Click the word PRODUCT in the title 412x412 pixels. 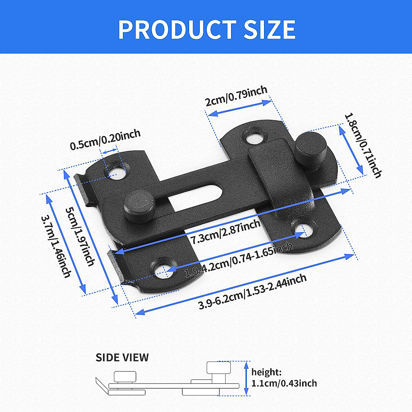tap(177, 30)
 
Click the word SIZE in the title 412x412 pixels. tap(270, 30)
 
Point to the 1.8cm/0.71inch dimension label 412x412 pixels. tap(363, 146)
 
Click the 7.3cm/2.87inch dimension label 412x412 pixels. tap(226, 232)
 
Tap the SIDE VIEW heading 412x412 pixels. tap(122, 357)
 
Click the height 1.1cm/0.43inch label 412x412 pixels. tap(284, 378)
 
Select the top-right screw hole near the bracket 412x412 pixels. tap(254, 138)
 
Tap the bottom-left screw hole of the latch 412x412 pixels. tap(161, 271)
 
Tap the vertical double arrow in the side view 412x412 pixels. tap(246, 378)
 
